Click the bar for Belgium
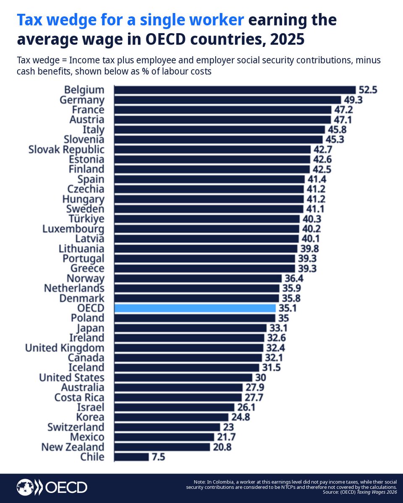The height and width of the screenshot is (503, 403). [235, 90]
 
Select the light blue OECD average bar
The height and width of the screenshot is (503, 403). [195, 308]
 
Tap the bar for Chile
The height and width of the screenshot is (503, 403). [131, 457]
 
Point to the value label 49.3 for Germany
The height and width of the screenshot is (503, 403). [353, 100]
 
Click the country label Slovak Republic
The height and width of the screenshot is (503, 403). [66, 150]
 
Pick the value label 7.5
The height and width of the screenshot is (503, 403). [158, 457]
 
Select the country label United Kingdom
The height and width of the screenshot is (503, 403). [65, 348]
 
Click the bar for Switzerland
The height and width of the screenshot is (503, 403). [167, 427]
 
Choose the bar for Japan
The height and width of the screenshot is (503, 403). [190, 328]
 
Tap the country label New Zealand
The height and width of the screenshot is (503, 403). [73, 447]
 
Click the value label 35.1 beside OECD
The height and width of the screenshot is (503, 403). [287, 308]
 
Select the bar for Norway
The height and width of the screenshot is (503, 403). [198, 278]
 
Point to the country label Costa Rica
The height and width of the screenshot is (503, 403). [79, 397]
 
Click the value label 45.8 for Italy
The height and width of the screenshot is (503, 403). [337, 130]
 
